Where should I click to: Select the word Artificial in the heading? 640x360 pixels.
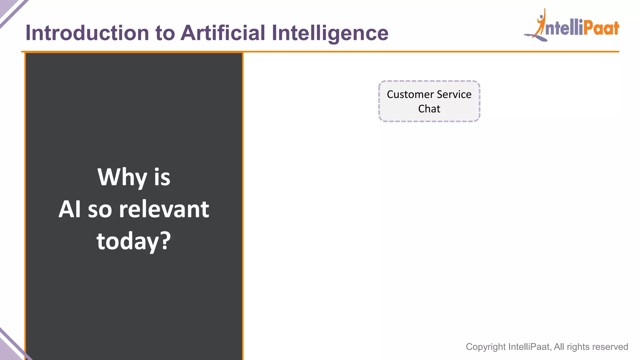click(223, 33)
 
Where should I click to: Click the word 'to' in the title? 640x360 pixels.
click(165, 33)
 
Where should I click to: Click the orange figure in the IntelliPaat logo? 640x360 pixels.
click(540, 25)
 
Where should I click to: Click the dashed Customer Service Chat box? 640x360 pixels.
click(429, 101)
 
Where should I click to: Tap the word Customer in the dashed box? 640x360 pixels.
click(410, 94)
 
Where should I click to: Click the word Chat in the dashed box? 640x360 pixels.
click(429, 109)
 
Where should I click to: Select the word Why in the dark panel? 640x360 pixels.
click(122, 177)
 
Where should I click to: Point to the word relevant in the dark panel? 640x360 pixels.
click(164, 209)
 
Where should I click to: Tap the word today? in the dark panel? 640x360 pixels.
click(134, 241)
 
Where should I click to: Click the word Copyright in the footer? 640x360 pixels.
click(486, 347)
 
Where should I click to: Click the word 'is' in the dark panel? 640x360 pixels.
click(162, 177)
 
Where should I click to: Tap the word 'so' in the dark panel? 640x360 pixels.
click(100, 210)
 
